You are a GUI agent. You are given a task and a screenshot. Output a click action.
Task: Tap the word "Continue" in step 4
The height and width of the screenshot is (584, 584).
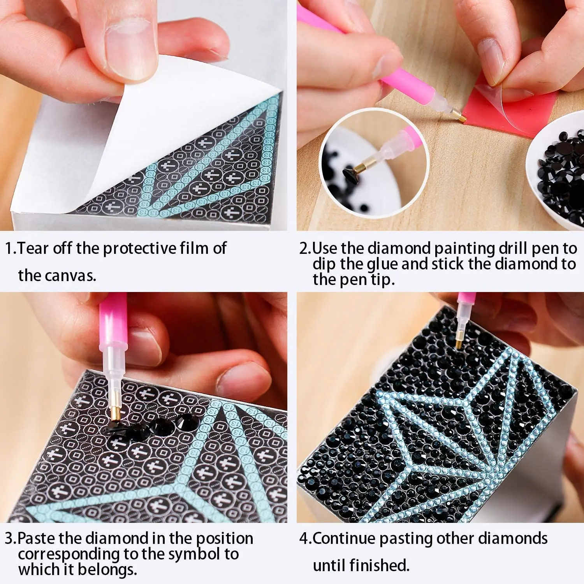pos(344,538)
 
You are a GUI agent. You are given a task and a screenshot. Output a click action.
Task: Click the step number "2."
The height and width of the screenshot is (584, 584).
pos(306,248)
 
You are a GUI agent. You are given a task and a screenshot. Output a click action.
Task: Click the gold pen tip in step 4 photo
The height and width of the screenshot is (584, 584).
pos(460,340)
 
